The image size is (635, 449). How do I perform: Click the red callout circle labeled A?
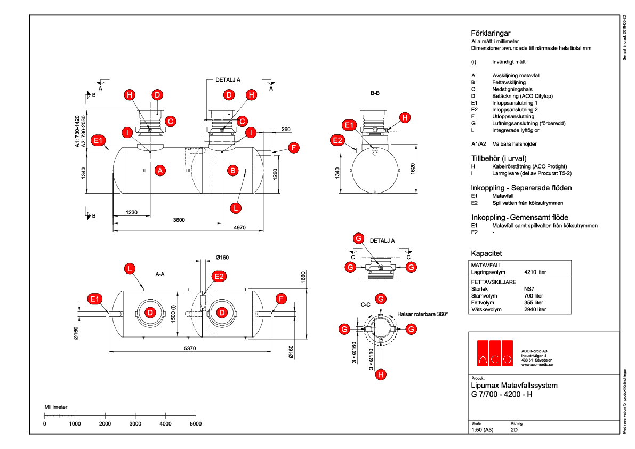(x=159, y=171)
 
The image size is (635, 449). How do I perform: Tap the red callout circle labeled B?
(x=232, y=171)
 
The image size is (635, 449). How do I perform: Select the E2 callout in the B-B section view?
(x=337, y=140)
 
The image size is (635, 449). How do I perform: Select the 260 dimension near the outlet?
(x=286, y=129)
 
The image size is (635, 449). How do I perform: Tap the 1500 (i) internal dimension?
(x=173, y=314)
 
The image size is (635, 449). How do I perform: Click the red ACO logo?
(x=494, y=353)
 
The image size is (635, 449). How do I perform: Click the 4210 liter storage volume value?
(x=535, y=272)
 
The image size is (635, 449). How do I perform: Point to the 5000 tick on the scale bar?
(x=196, y=423)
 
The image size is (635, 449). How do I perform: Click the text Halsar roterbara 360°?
(x=422, y=314)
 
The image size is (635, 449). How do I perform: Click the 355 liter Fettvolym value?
(x=534, y=302)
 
